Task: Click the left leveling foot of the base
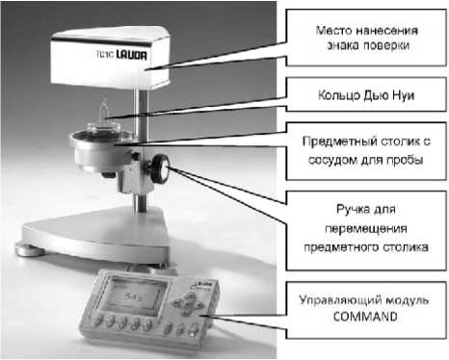click(x=27, y=250)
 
